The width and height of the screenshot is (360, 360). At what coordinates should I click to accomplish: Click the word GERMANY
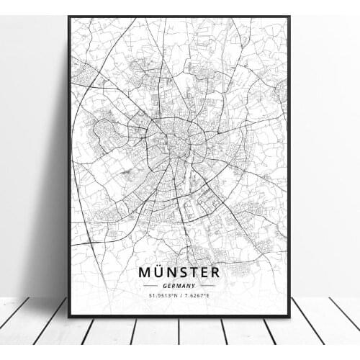[x=179, y=285]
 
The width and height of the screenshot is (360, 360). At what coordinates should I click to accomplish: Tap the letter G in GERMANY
[x=165, y=285]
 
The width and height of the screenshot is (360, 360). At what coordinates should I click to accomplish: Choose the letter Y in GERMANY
[x=194, y=285]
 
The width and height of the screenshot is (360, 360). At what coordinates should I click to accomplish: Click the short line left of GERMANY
[x=152, y=285]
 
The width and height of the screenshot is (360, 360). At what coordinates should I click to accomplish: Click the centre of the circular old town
[x=176, y=138]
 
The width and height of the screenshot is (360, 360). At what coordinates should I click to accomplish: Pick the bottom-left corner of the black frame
[x=69, y=316]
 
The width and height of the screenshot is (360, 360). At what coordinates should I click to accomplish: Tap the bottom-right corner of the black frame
[x=289, y=316]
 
